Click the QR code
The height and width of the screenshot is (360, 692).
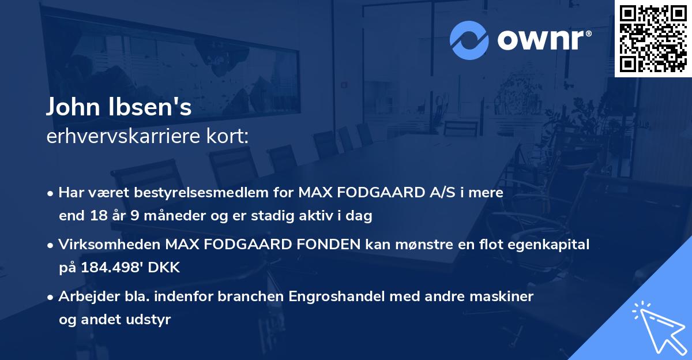pos(653,38)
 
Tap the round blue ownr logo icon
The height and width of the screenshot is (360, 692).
pos(470,39)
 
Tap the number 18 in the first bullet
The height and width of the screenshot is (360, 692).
pos(98,216)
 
